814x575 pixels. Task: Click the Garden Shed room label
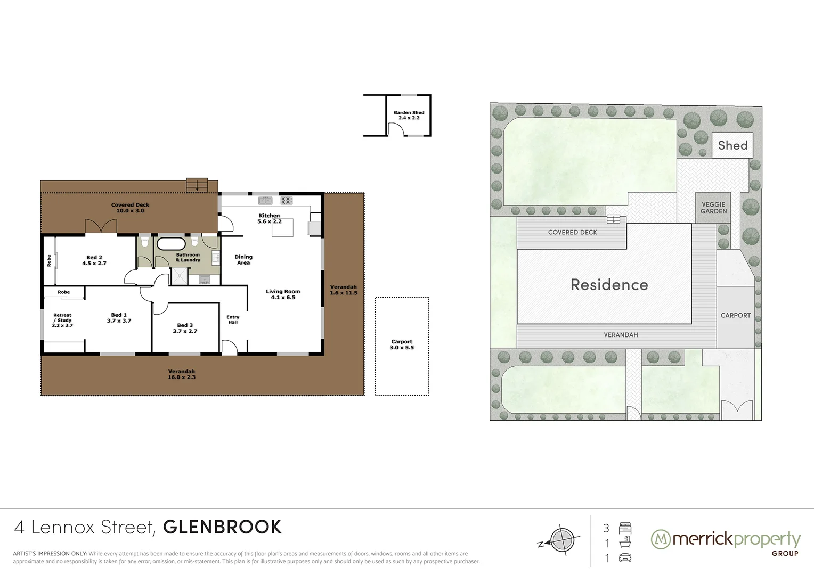click(409, 115)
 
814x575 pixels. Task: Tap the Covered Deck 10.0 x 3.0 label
click(130, 208)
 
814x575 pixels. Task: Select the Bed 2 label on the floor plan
click(94, 260)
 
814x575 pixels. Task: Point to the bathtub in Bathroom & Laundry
click(170, 244)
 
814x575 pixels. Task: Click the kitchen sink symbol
click(265, 201)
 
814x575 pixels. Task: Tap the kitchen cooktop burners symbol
click(286, 201)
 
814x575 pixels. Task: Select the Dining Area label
click(243, 260)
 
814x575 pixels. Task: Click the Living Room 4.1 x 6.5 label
click(283, 294)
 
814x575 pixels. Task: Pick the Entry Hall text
click(233, 319)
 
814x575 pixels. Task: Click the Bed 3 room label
click(185, 328)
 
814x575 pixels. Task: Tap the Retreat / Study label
click(62, 320)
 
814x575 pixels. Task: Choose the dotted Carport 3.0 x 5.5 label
click(402, 344)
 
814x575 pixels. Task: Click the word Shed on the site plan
click(732, 145)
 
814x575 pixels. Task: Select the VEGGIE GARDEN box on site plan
click(713, 208)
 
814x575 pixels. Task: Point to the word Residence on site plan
click(609, 285)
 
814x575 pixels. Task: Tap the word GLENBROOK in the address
click(222, 527)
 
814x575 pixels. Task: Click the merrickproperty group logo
click(726, 541)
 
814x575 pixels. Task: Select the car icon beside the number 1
click(625, 558)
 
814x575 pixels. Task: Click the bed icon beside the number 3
click(625, 528)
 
